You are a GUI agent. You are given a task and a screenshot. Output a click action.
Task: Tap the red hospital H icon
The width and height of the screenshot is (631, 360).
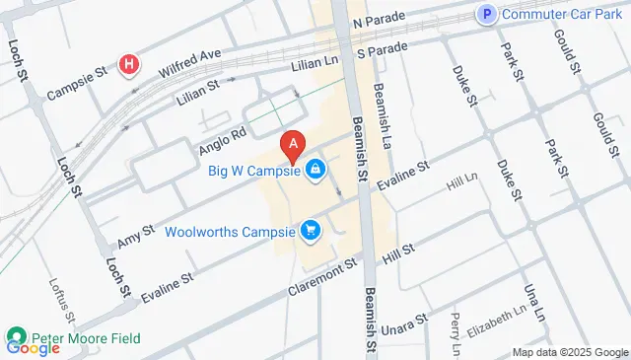128,66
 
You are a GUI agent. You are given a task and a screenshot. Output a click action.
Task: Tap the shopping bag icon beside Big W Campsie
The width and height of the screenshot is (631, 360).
315,170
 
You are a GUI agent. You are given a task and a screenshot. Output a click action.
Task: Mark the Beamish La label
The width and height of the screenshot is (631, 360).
382,104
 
